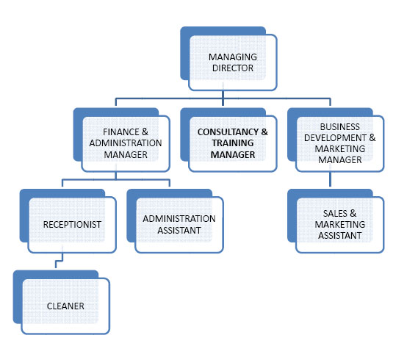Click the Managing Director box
coord(228,59)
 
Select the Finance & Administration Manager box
coord(122,140)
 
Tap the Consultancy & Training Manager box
coord(228,140)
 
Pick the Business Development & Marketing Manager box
coord(336,140)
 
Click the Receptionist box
coord(68,221)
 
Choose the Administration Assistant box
coord(175,221)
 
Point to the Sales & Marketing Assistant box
coord(336,221)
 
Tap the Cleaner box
coord(62,303)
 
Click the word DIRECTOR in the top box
coord(233,68)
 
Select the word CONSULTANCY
coord(228,132)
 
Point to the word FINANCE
coord(121,132)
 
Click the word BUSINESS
coord(339,126)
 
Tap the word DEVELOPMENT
coord(335,138)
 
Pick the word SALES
coord(335,213)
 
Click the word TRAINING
coord(233,143)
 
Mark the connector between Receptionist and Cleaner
coord(60,261)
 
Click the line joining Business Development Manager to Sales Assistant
coord(330,179)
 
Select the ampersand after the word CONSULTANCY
coord(264,132)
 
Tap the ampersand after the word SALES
coord(353,213)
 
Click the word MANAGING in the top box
coord(233,57)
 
